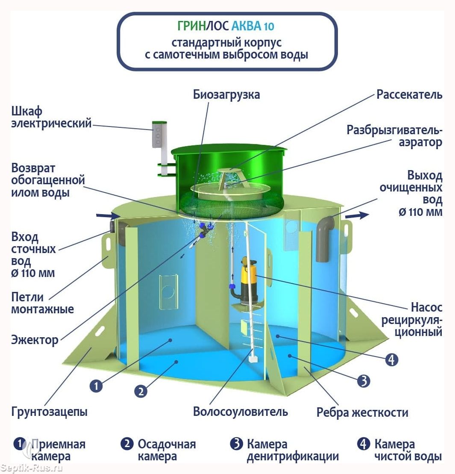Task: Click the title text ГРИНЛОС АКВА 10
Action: click(226, 26)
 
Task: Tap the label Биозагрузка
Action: click(226, 94)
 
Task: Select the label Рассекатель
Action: click(409, 94)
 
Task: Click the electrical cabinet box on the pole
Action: click(159, 135)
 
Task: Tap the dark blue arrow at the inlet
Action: click(108, 215)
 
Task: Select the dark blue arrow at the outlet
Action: click(357, 215)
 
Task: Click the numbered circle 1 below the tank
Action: click(96, 386)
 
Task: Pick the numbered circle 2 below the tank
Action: click(141, 392)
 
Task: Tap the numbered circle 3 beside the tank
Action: click(364, 381)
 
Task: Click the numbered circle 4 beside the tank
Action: click(391, 360)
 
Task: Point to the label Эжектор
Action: click(35, 340)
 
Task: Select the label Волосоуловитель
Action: click(241, 412)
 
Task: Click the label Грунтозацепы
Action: click(49, 412)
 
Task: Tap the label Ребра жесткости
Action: click(362, 412)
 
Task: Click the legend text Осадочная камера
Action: click(167, 450)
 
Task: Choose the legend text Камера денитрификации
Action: click(293, 450)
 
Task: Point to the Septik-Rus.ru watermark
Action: click(32, 468)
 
